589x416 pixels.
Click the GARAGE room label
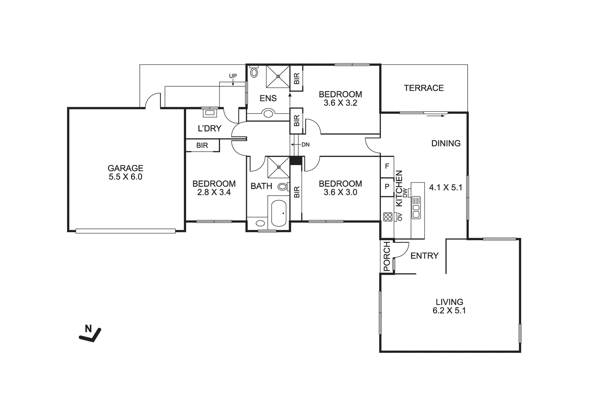click(126, 168)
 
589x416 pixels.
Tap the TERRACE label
click(424, 88)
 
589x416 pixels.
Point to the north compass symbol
click(90, 334)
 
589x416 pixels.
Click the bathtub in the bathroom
click(279, 213)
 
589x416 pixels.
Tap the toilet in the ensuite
click(254, 72)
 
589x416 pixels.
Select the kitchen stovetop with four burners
click(388, 217)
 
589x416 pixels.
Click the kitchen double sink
click(416, 208)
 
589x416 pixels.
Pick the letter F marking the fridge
click(387, 166)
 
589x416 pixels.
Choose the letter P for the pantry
click(387, 187)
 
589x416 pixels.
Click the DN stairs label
click(305, 144)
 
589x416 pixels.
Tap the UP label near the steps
click(233, 76)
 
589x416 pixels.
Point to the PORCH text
click(387, 257)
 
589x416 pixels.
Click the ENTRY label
click(425, 256)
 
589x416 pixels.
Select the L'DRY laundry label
click(210, 129)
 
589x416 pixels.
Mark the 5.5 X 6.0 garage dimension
click(126, 177)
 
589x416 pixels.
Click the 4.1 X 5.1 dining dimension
click(445, 188)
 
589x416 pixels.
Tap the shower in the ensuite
click(278, 77)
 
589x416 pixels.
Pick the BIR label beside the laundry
click(202, 146)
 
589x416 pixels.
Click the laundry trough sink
click(210, 113)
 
